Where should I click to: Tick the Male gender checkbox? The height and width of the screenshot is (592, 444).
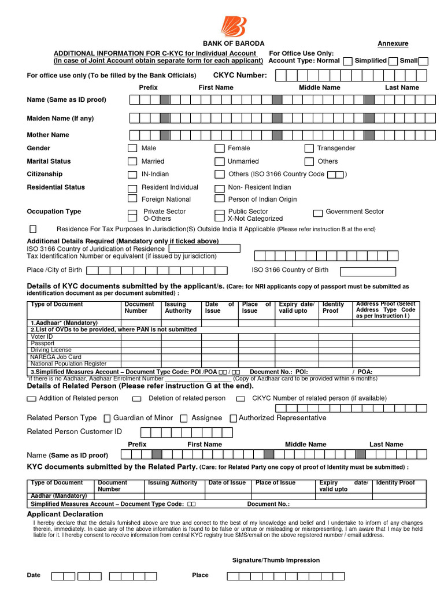[x=132, y=149]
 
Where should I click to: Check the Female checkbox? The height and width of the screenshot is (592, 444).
[x=220, y=149]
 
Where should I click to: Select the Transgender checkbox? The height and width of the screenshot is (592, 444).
[x=309, y=149]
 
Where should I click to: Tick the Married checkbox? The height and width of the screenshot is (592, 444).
[x=132, y=162]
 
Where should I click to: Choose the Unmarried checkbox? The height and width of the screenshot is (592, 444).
[x=220, y=162]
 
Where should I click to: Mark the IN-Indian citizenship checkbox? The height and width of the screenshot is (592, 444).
[x=132, y=175]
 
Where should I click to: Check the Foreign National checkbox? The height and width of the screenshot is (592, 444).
[x=132, y=199]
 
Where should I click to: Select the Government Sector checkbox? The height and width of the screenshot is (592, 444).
[x=318, y=212]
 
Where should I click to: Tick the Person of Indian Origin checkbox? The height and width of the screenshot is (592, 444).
[x=219, y=199]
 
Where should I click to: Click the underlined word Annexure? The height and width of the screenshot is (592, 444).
[x=393, y=44]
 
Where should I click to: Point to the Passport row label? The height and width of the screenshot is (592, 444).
[x=43, y=343]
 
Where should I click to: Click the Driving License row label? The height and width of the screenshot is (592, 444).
[x=51, y=350]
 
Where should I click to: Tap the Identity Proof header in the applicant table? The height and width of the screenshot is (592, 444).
[x=333, y=308]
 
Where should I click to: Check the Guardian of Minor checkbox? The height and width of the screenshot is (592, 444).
[x=107, y=419]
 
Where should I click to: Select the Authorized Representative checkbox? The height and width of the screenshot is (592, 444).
[x=234, y=419]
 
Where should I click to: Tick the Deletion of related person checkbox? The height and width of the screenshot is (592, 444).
[x=137, y=399]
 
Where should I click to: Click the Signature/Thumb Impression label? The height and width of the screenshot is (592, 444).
[x=276, y=560]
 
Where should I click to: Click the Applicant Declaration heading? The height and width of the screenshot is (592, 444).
[x=65, y=515]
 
